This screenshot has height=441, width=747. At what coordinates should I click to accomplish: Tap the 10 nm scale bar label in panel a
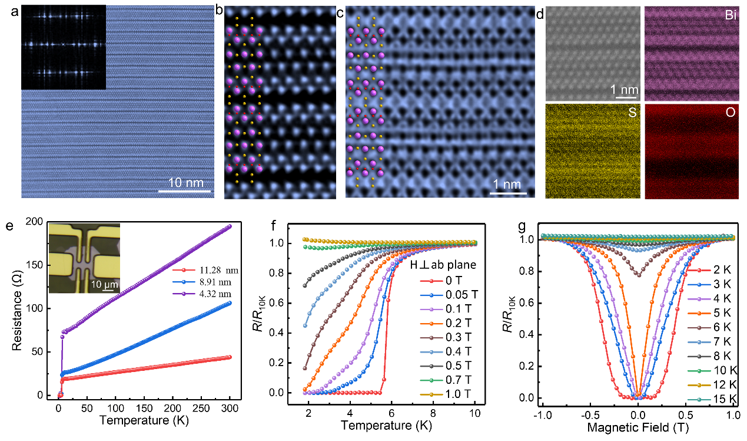pos(184,180)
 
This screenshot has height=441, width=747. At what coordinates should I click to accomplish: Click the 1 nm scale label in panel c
pos(506,185)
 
